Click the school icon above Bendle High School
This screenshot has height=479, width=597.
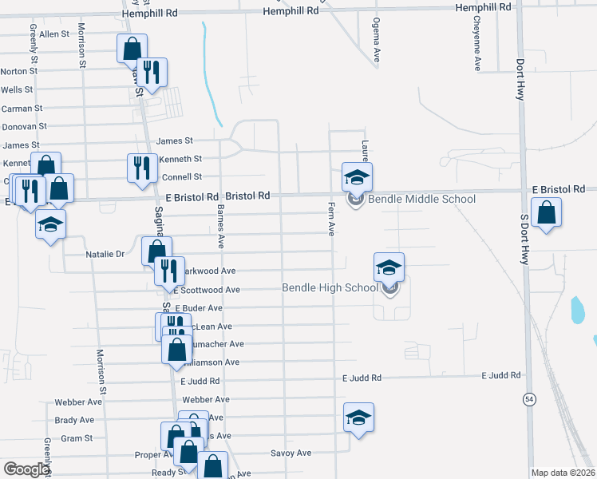tap(389, 267)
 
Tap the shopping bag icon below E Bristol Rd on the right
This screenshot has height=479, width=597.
tap(547, 213)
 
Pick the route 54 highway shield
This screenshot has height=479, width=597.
tap(529, 398)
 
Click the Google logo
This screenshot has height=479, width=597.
tap(26, 469)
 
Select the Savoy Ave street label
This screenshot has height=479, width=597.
tap(291, 453)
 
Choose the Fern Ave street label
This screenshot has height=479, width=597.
tap(330, 218)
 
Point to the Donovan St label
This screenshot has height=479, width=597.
tap(24, 126)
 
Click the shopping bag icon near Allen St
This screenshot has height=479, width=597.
tap(131, 48)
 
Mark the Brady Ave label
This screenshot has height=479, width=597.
tap(74, 420)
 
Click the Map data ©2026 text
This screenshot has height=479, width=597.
tap(563, 473)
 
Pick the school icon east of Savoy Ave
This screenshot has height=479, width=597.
tap(359, 417)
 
